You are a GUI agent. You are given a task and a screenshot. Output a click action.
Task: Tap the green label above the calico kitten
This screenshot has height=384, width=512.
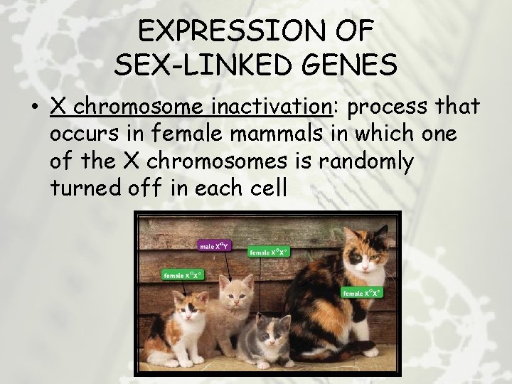pos(181,274)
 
